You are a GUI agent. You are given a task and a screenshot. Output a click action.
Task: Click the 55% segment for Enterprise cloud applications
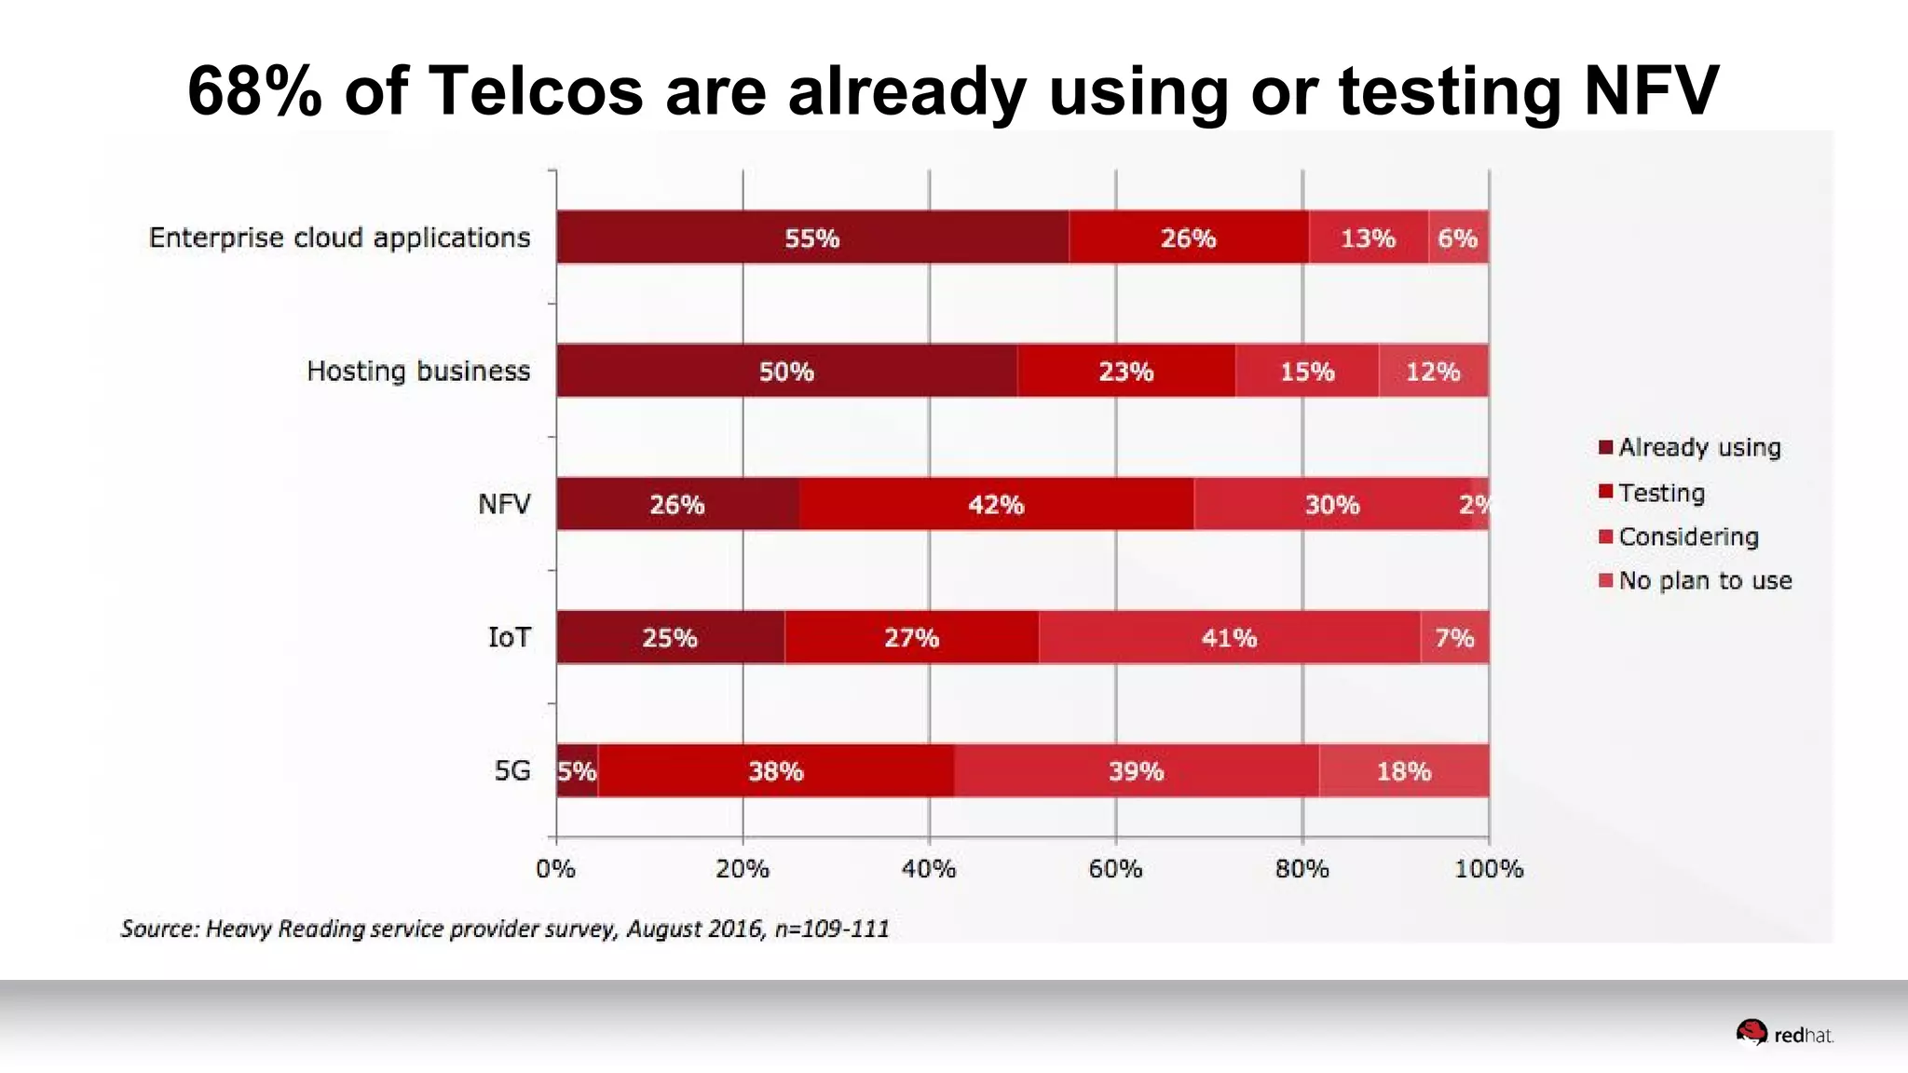pos(811,238)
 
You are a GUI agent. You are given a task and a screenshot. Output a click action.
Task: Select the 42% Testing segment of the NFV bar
pos(996,504)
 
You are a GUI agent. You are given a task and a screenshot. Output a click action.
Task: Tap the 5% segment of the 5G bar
pos(577,770)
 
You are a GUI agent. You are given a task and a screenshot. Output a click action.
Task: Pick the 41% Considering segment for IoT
pos(1229,637)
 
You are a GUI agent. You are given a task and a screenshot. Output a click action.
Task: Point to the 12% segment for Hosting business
pos(1433,371)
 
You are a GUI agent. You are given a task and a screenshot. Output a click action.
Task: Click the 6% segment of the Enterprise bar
pos(1458,238)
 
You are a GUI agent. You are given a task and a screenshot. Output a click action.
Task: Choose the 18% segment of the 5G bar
pos(1404,770)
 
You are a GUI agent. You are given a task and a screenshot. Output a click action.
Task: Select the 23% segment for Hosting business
pos(1125,371)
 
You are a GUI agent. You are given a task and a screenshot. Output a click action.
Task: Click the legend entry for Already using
pos(1689,447)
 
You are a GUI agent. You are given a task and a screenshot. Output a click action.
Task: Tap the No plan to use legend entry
pos(1695,580)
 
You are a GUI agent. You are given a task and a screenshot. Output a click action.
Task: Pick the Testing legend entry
pos(1652,492)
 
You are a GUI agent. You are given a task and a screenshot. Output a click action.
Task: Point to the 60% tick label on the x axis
pos(1115,868)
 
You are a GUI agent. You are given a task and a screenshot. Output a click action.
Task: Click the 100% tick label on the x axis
pos(1489,868)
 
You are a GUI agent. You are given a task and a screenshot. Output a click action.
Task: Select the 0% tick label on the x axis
pos(555,868)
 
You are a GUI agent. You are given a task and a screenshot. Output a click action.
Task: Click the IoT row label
pos(510,637)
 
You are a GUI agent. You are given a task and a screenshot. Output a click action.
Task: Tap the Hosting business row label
pos(418,371)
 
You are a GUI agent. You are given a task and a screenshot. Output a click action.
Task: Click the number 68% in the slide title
pos(254,91)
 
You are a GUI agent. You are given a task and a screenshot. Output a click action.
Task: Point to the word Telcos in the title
pos(536,91)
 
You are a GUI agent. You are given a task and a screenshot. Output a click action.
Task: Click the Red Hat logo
pos(1784,1034)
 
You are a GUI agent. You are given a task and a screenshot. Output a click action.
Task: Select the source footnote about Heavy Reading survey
pos(505,929)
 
